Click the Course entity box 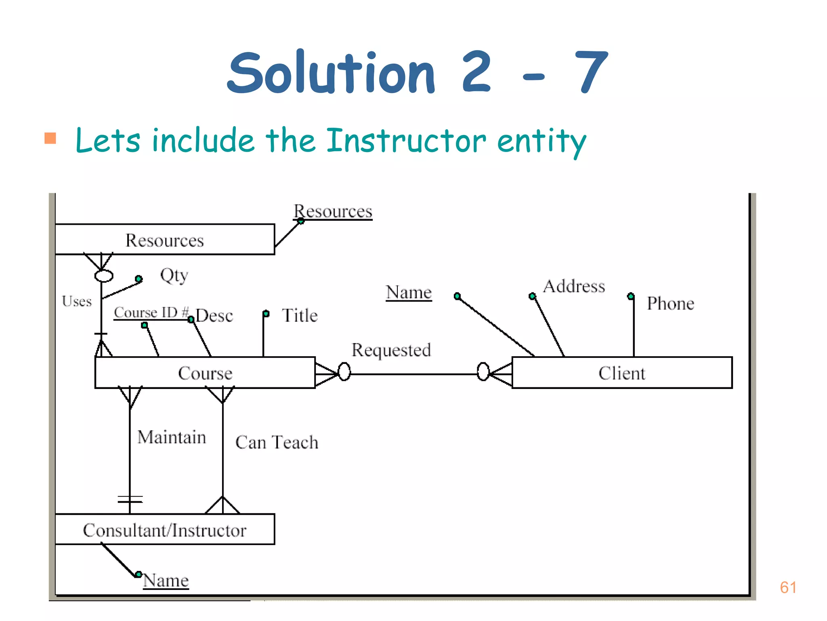205,373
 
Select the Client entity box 622,373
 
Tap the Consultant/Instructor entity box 165,530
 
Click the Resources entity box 165,240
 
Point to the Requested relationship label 391,350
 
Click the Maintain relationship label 172,437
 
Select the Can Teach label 277,442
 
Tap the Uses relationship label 77,301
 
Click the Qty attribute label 174,275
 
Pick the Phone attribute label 670,303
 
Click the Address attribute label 574,286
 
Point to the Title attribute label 300,315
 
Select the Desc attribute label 215,316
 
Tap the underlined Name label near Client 409,292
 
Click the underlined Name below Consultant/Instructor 166,580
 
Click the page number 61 788,587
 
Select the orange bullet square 50,138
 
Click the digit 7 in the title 591,72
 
